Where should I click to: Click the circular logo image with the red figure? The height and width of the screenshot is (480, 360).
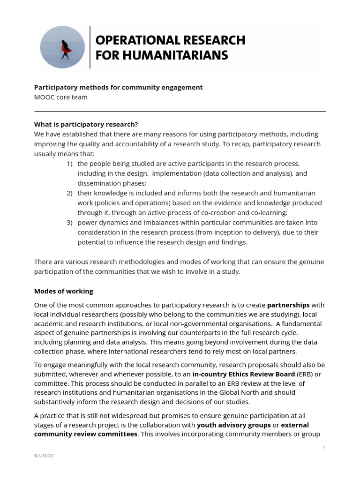[62, 47]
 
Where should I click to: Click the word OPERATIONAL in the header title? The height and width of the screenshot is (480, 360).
[132, 40]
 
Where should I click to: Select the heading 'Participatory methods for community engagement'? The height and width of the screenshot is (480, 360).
[118, 87]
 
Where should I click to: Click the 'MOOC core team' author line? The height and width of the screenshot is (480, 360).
[60, 97]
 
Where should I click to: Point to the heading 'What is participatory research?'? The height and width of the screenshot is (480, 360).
[86, 124]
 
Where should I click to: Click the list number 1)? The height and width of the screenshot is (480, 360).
[69, 163]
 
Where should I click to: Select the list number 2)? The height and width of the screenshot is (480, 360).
[69, 193]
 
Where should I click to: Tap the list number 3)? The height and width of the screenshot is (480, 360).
[69, 223]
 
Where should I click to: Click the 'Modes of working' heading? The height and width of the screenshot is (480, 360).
[63, 291]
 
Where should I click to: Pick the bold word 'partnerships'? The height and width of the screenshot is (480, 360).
[288, 305]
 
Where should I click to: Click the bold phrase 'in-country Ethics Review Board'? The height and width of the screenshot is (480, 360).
[244, 374]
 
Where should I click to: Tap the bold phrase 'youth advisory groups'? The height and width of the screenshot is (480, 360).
[234, 425]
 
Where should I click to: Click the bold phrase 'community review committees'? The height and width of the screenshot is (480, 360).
[86, 434]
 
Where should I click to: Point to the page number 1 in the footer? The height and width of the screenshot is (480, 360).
[323, 447]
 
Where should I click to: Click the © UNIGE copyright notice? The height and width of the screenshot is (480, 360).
[44, 456]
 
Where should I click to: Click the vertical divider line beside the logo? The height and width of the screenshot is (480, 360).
[90, 47]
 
